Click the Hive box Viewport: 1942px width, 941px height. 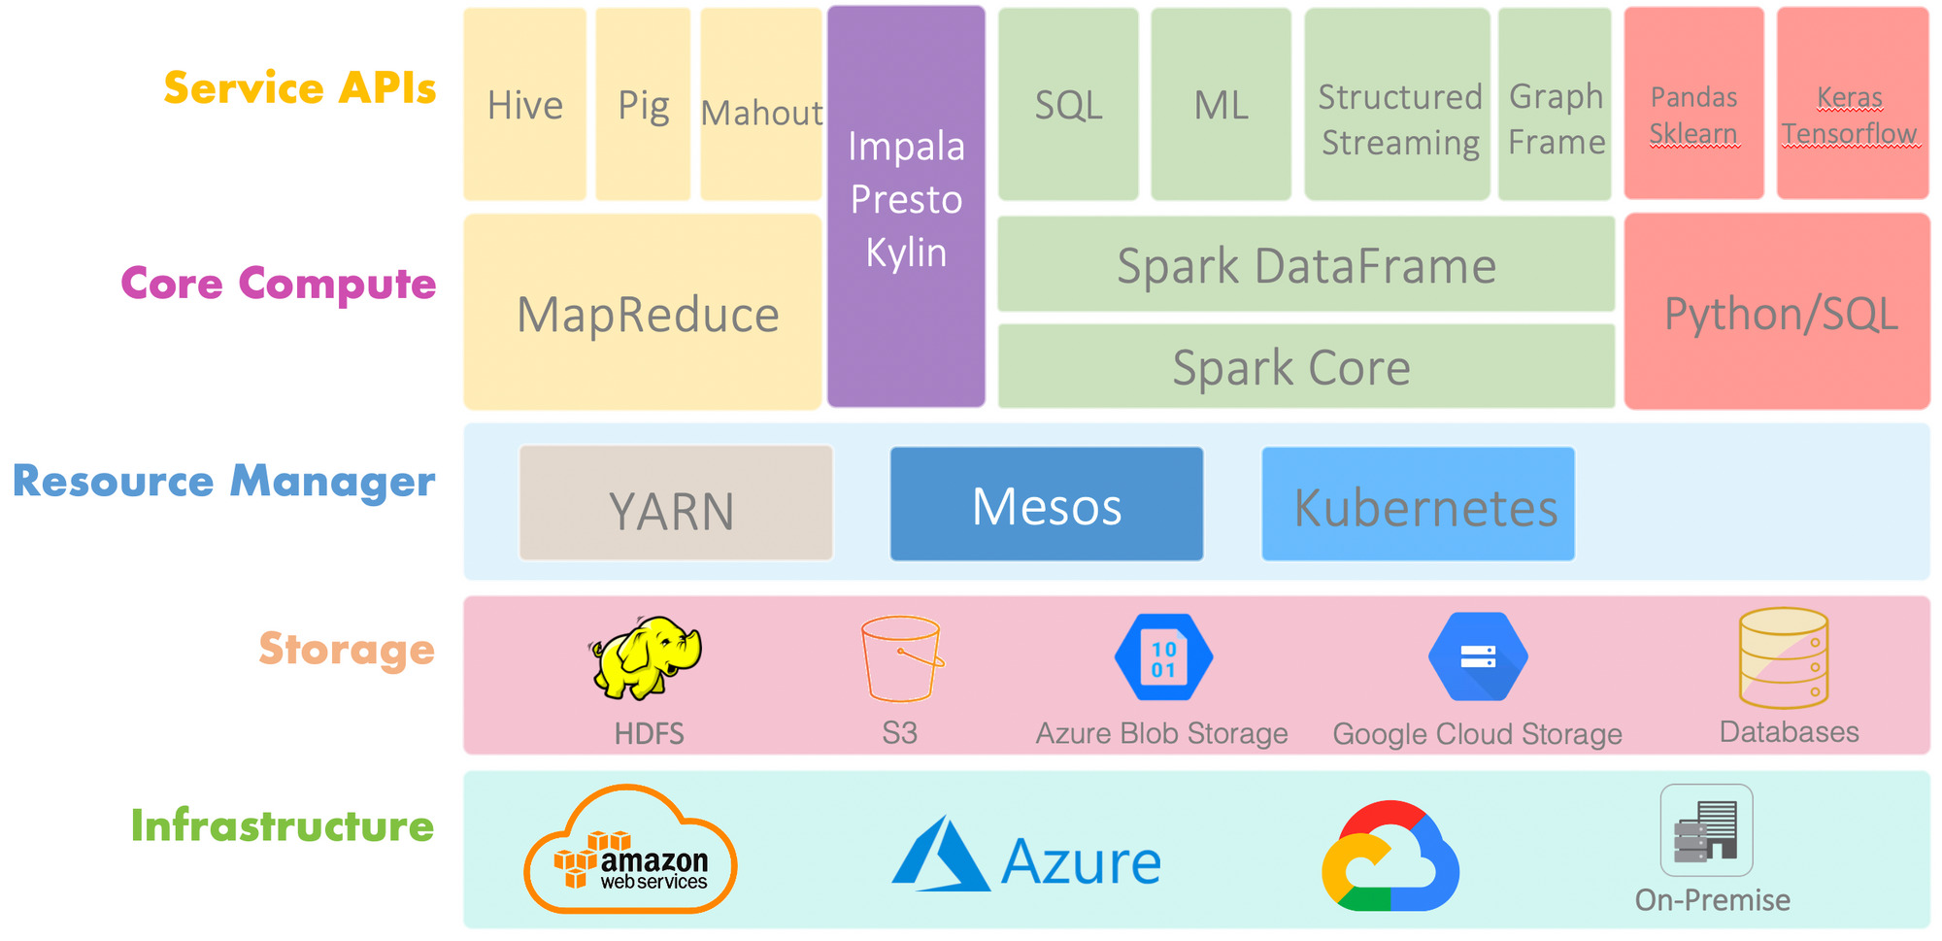[x=524, y=105]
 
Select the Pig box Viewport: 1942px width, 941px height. [x=643, y=105]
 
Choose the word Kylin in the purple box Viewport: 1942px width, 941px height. [x=906, y=252]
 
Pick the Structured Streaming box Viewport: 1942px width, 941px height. [x=1397, y=105]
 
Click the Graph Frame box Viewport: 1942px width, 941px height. [x=1556, y=105]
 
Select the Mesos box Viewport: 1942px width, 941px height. [x=1047, y=504]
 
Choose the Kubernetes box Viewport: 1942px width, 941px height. [x=1418, y=504]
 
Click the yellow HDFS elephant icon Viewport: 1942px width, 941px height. [x=646, y=657]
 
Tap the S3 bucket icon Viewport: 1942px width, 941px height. [x=901, y=658]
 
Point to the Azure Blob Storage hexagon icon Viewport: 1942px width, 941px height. [x=1163, y=657]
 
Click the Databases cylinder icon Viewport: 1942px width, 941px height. [x=1784, y=657]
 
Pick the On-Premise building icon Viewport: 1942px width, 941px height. [x=1706, y=831]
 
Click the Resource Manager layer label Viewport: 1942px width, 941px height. [x=224, y=482]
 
